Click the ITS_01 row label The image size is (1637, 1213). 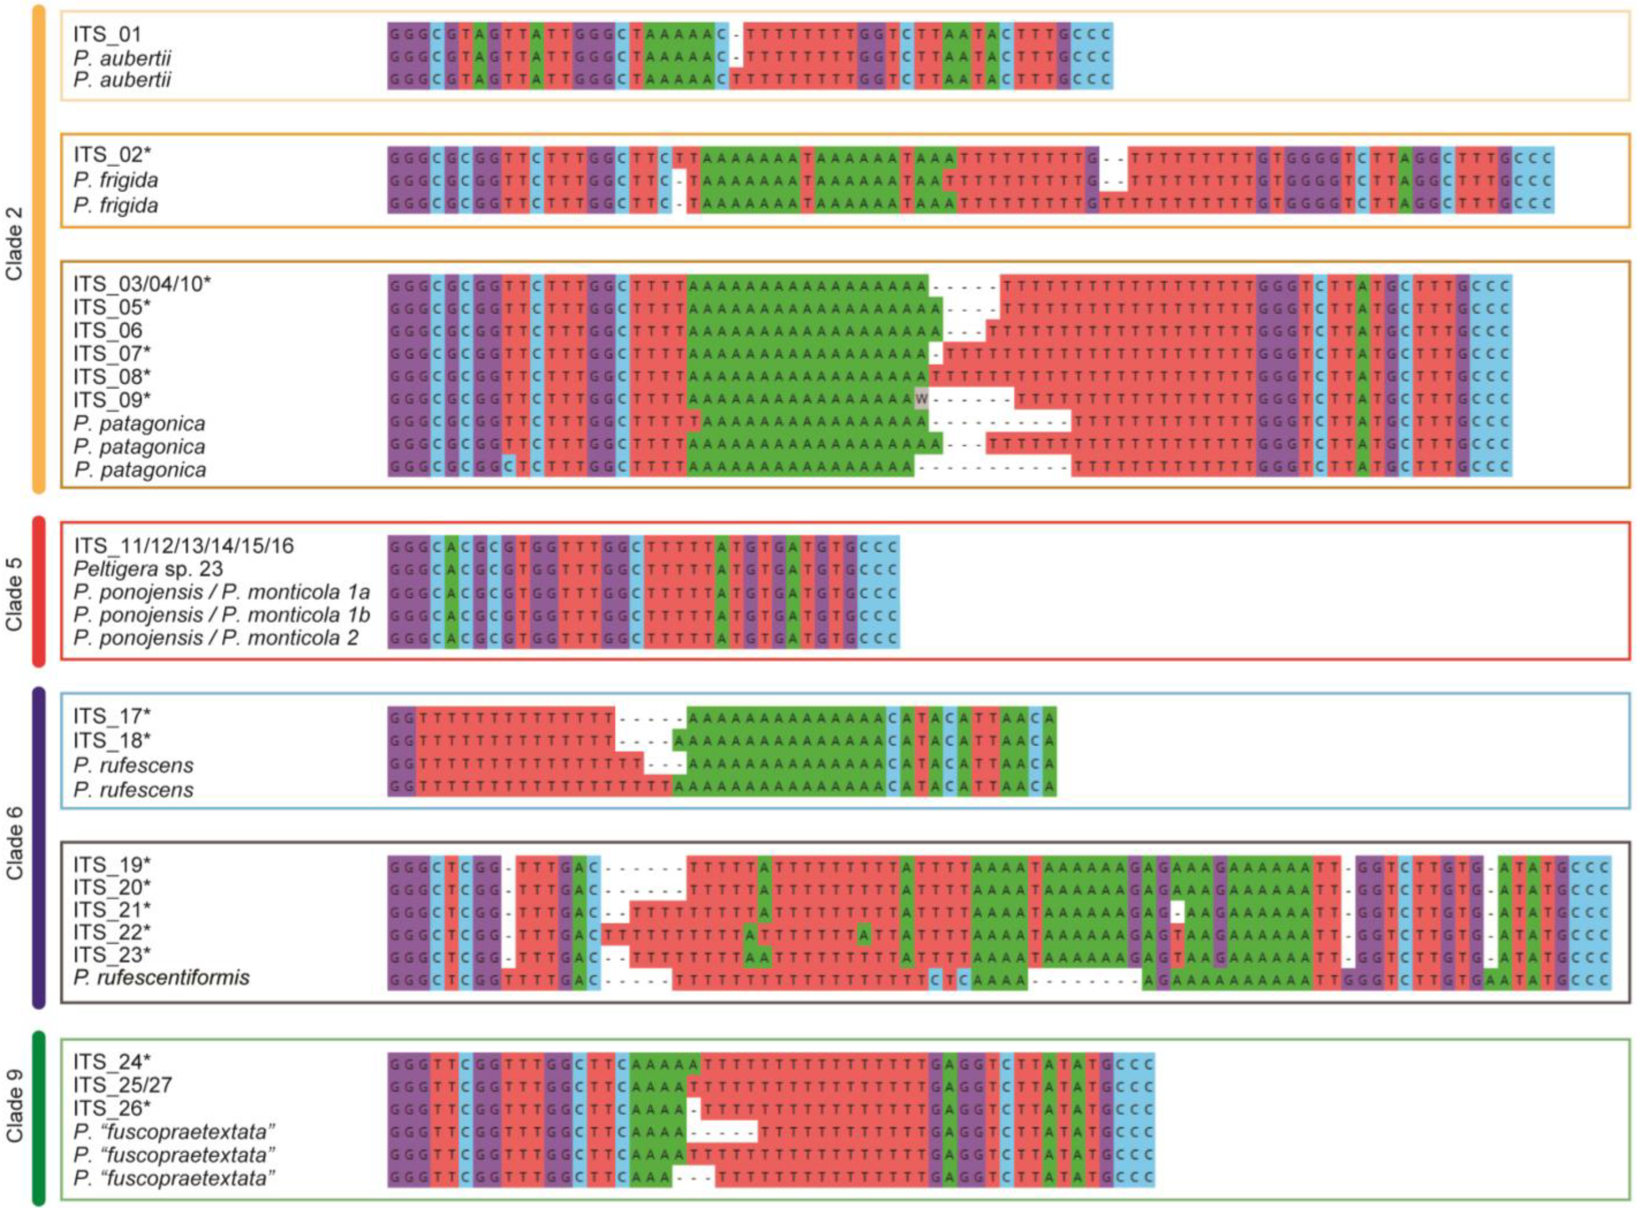pyautogui.click(x=107, y=34)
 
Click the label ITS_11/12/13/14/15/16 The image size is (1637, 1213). pyautogui.click(x=183, y=546)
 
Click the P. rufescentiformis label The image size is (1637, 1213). pyautogui.click(x=162, y=977)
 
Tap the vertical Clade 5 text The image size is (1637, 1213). pyautogui.click(x=15, y=594)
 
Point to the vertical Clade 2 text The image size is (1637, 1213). pyautogui.click(x=15, y=244)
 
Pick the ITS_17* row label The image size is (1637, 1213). pyautogui.click(x=112, y=717)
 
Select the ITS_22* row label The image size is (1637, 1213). pyautogui.click(x=112, y=932)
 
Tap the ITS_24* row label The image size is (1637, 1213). pyautogui.click(x=112, y=1062)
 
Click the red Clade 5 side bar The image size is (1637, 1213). pyautogui.click(x=39, y=592)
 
